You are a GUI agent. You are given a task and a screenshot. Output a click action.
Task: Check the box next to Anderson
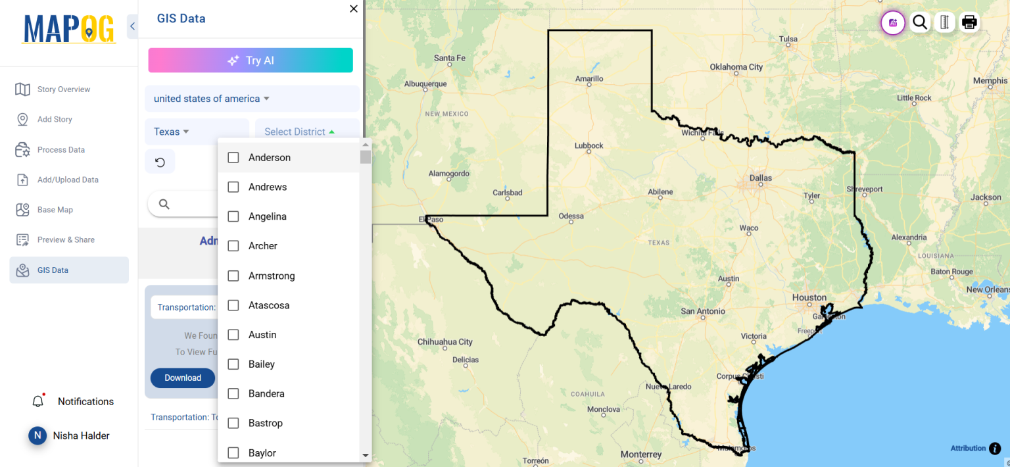[233, 158]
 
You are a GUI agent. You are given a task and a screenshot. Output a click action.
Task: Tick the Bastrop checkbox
[233, 424]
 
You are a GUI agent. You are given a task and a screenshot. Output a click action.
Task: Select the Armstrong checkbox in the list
[233, 276]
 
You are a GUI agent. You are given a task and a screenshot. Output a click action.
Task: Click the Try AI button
[251, 61]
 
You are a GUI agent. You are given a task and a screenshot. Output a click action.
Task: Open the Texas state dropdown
[172, 132]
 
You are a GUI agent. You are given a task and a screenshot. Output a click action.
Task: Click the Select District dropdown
[300, 132]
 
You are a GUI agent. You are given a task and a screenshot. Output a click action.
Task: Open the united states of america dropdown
[212, 99]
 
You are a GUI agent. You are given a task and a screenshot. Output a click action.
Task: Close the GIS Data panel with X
[354, 9]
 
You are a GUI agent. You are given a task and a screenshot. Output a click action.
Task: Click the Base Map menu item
[55, 210]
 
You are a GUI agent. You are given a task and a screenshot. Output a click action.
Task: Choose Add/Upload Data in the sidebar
[68, 180]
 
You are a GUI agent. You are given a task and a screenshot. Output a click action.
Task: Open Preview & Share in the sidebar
[66, 240]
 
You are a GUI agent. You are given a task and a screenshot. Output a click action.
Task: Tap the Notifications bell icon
[38, 401]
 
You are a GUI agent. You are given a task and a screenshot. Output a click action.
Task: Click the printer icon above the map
[969, 22]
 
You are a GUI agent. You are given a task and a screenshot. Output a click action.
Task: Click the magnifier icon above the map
[920, 22]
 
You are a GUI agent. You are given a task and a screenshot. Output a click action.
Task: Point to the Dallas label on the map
[761, 178]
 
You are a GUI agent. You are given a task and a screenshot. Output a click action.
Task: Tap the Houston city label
[809, 297]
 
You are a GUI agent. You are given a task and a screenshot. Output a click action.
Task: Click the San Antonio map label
[703, 311]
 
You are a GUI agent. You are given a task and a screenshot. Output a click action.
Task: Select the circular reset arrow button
[160, 162]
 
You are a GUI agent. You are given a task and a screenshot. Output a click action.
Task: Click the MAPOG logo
[69, 29]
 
